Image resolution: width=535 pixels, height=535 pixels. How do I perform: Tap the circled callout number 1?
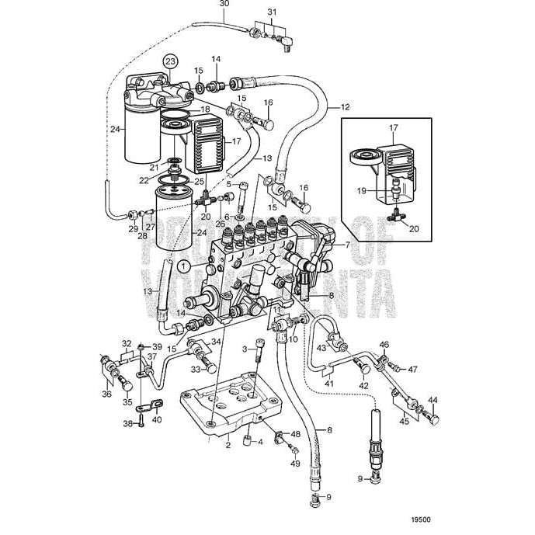[x=182, y=266]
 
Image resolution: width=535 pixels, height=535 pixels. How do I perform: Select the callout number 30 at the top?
[x=203, y=5]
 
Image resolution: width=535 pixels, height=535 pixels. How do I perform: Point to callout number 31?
[x=272, y=12]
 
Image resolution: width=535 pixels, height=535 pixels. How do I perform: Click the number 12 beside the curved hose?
[x=345, y=107]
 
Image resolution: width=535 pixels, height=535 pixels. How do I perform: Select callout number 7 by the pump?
[x=347, y=245]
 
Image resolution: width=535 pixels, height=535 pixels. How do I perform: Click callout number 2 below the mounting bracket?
[x=228, y=445]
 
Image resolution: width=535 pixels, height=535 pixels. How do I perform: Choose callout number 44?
[x=433, y=401]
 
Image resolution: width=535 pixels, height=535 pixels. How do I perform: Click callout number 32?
[x=126, y=342]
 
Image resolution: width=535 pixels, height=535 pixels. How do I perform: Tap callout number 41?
[x=328, y=384]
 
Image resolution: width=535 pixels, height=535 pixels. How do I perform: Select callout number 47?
[x=413, y=369]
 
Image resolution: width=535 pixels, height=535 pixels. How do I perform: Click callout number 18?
[x=205, y=110]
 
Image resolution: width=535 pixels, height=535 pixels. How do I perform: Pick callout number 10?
[x=293, y=339]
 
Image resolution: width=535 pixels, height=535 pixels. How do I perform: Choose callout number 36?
[x=107, y=394]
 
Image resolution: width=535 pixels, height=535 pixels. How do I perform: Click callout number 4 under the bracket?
[x=261, y=443]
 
